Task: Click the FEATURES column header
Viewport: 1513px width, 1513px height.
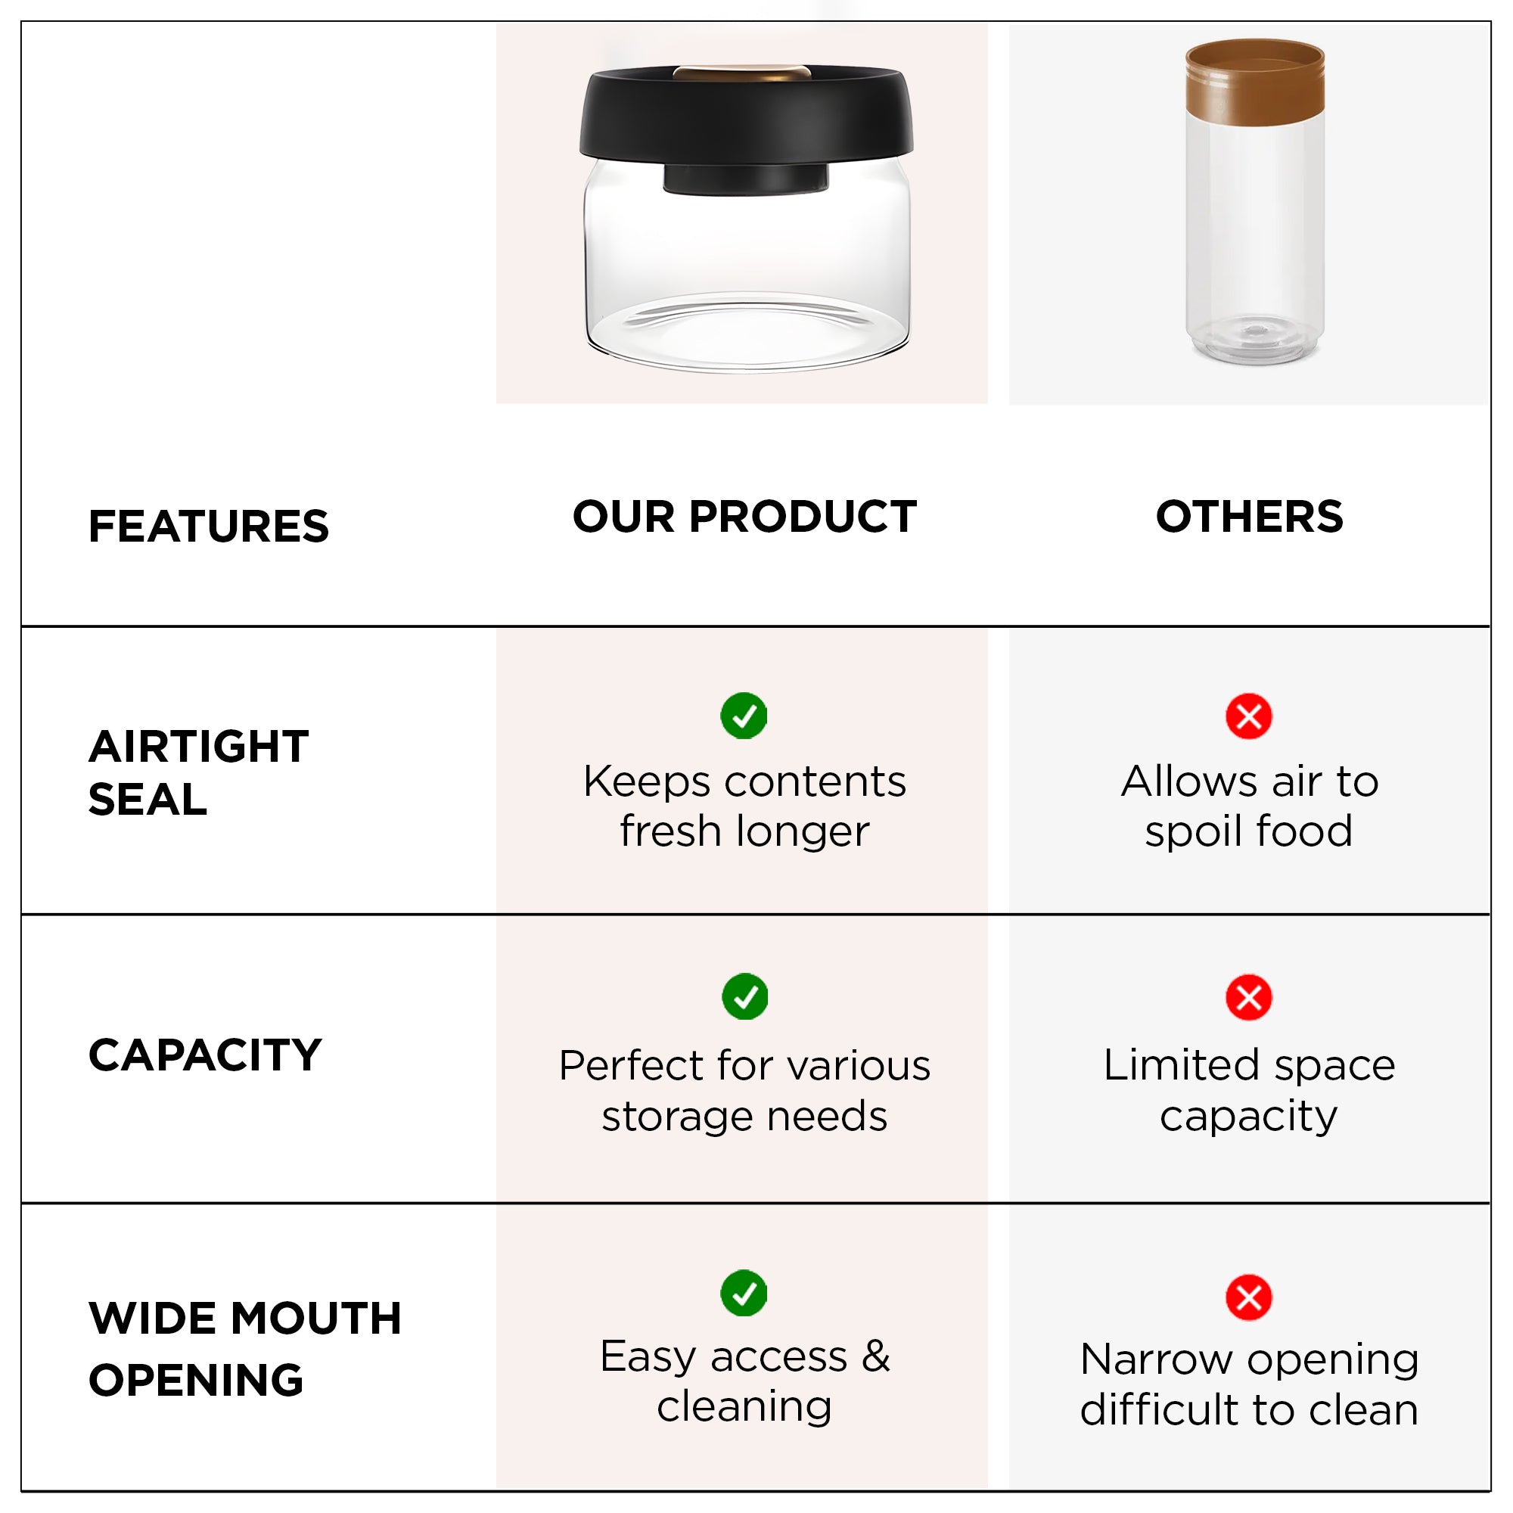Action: point(208,526)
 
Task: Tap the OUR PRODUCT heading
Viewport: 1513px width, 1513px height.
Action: point(744,516)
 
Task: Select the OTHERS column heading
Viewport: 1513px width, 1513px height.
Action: point(1249,516)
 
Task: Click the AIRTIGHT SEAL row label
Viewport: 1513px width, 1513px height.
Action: point(198,772)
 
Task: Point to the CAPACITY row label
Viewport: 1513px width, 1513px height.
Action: point(205,1054)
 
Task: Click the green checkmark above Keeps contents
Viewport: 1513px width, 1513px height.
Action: point(744,716)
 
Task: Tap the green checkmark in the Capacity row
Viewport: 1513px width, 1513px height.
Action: point(744,997)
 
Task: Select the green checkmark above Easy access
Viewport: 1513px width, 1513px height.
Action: point(744,1294)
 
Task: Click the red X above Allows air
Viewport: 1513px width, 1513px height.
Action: point(1249,716)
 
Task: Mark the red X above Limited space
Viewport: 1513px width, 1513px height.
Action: point(1249,998)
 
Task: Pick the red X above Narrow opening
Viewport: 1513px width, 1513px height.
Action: point(1249,1297)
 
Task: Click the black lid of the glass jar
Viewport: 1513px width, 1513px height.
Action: point(747,117)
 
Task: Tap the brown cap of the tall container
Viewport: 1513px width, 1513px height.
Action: point(1254,82)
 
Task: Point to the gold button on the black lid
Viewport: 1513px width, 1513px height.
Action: point(742,73)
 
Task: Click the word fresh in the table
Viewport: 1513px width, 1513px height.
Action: point(671,831)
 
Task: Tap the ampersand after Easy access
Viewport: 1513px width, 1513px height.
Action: point(875,1356)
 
